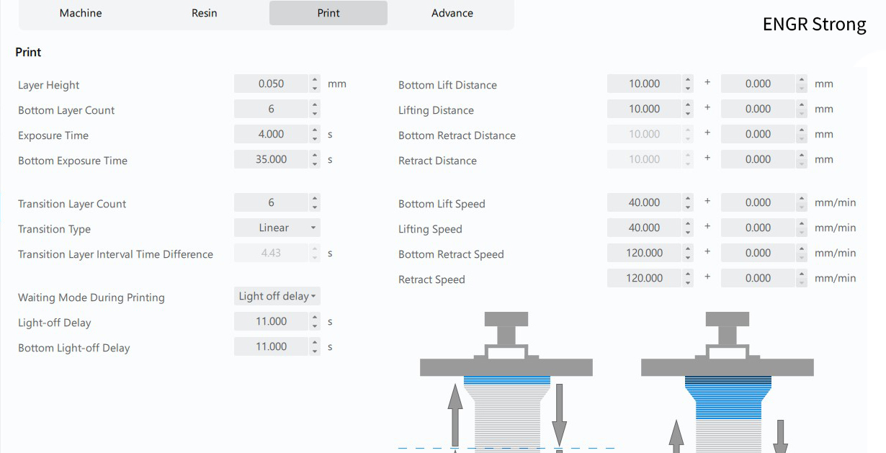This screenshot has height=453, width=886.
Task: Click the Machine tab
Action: tap(81, 13)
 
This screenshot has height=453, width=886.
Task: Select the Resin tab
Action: tap(205, 13)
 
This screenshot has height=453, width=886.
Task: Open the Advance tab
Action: tap(452, 13)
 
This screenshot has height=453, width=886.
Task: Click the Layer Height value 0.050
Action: tap(271, 84)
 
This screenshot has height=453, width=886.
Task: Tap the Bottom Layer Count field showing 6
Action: tap(271, 109)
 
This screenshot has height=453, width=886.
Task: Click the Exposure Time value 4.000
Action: tap(271, 134)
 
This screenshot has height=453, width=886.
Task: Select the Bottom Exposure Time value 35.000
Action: tap(271, 159)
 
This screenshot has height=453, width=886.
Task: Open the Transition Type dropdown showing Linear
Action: tap(277, 228)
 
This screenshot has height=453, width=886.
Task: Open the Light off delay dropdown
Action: tap(277, 296)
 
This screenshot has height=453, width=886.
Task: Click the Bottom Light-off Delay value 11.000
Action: tap(271, 346)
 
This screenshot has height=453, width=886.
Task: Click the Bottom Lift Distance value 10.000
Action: tap(644, 84)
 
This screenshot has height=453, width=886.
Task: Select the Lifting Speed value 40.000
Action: tap(644, 228)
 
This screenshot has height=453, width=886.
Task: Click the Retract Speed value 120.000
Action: tap(644, 278)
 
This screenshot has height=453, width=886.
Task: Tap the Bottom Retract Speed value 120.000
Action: tap(644, 253)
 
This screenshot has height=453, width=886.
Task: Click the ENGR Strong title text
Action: tap(814, 24)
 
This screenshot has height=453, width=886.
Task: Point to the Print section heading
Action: tap(28, 53)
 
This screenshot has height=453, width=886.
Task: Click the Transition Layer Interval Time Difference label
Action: tap(115, 254)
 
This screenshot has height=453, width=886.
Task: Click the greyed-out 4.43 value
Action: tap(271, 253)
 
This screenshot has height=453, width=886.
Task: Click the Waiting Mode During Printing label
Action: tap(91, 297)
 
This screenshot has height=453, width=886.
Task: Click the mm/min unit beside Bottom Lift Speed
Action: tap(835, 202)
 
